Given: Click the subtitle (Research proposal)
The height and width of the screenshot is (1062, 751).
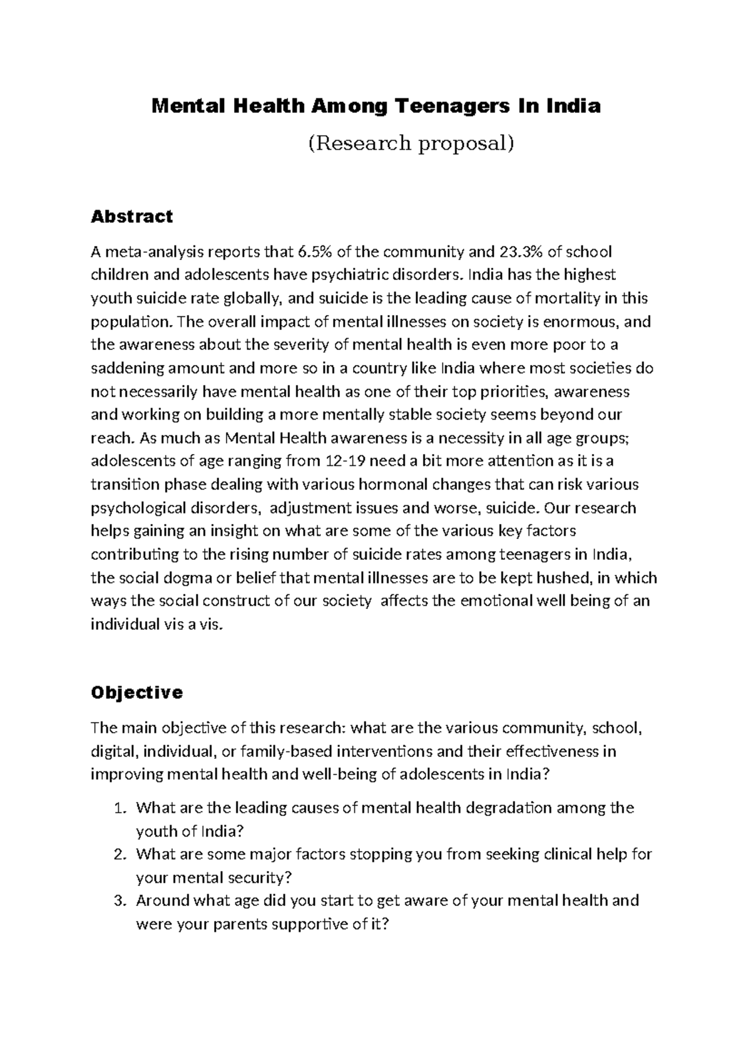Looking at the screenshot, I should click(x=411, y=143).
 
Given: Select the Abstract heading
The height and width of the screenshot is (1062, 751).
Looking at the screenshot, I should click(x=131, y=217).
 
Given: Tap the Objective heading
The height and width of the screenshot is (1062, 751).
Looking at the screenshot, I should click(x=136, y=693).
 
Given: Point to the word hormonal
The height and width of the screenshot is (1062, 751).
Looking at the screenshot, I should click(x=382, y=485).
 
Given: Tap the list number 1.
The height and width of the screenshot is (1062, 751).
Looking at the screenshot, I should click(x=121, y=808).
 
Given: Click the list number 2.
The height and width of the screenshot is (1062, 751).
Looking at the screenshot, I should click(x=121, y=855).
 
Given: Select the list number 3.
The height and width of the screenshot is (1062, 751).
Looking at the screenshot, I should click(x=121, y=901).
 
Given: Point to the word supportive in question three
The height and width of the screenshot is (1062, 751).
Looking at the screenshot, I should click(x=302, y=924).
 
